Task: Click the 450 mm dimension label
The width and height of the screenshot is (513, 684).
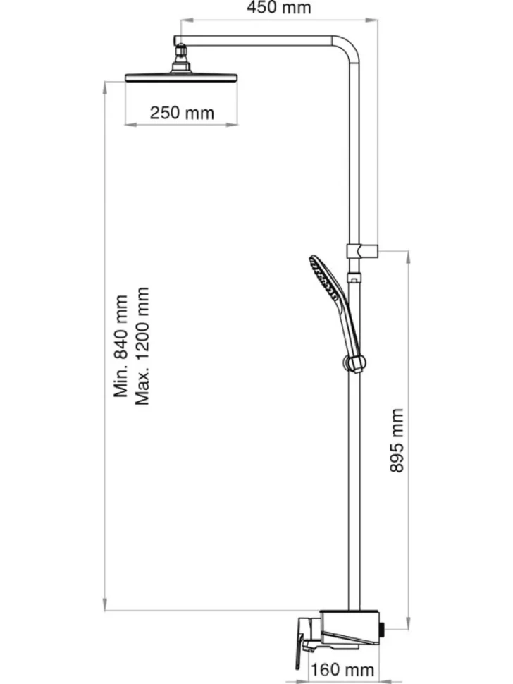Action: pos(279,8)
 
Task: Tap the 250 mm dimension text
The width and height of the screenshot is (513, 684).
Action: pos(183,113)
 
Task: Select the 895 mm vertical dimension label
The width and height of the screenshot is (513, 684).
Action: pos(397,440)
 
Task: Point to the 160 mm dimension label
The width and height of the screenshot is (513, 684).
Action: pos(342,670)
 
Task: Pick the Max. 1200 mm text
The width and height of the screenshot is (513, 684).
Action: pos(142,346)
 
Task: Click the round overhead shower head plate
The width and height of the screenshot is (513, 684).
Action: pos(181,78)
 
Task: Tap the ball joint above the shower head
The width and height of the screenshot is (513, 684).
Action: pos(181,53)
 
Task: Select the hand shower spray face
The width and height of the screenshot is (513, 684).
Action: pos(323,277)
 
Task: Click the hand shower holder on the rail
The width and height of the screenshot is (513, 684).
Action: pos(354,363)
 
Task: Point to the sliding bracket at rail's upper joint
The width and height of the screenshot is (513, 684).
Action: pos(361,251)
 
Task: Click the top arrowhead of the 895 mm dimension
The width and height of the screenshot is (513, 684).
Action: pos(409,257)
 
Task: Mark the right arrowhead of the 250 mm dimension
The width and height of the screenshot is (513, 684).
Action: pos(232,125)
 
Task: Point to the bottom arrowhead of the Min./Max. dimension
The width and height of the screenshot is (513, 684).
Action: pos(105,604)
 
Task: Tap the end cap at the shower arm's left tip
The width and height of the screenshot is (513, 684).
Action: pos(175,40)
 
